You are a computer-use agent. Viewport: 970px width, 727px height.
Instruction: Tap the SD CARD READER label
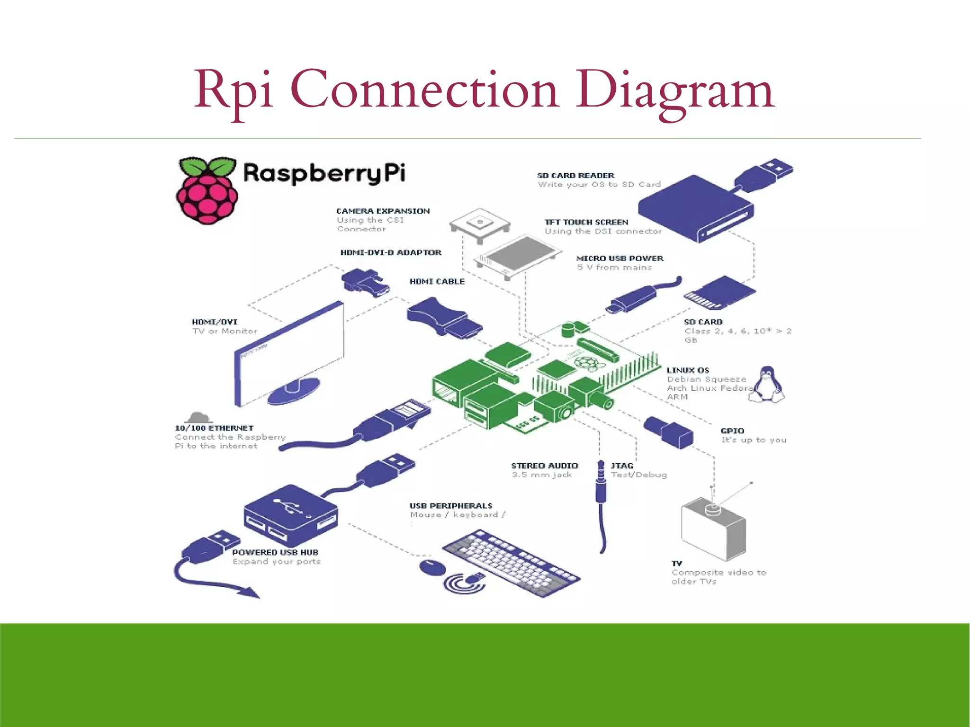(x=575, y=175)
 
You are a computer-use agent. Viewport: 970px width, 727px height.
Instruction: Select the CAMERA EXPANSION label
(x=383, y=211)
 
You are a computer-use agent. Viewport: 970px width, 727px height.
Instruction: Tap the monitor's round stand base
(x=293, y=391)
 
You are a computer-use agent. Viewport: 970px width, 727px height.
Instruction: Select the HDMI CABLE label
(x=437, y=281)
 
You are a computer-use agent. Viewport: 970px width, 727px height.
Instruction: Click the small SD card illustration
(x=719, y=293)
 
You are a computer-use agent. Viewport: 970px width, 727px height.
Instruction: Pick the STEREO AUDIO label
(x=544, y=466)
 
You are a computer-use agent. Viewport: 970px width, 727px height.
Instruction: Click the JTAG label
(x=621, y=466)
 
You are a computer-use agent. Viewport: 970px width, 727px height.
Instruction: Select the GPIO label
(x=732, y=431)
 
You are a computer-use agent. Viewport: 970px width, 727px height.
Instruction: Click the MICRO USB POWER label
(x=620, y=258)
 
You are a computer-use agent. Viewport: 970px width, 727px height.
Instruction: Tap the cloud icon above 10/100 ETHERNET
(x=198, y=418)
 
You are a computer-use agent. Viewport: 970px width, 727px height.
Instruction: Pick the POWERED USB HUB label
(x=275, y=552)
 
